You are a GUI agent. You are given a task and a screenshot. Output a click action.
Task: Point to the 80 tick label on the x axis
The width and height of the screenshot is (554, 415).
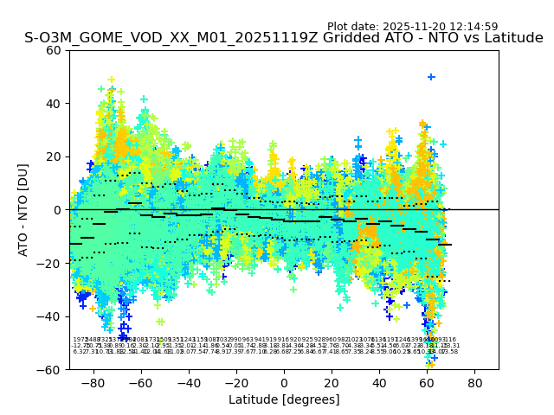[x=475, y=383]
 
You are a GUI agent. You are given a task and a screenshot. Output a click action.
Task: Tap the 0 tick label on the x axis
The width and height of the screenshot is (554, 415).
[x=284, y=383]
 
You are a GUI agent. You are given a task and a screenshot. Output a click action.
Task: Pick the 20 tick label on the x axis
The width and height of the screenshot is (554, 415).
[x=332, y=383]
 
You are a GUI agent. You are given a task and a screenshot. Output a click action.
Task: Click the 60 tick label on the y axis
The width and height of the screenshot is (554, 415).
[x=54, y=50]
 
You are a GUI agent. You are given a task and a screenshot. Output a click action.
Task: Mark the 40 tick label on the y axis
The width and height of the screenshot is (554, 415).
[x=54, y=104]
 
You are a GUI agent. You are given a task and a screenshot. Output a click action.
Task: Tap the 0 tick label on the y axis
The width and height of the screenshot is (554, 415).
[x=57, y=210]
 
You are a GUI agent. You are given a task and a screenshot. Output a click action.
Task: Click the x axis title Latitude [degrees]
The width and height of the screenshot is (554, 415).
[x=284, y=399]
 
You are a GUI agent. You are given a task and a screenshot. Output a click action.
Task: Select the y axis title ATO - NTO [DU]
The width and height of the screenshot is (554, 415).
[x=23, y=209]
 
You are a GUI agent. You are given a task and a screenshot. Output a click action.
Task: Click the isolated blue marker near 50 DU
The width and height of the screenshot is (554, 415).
[x=431, y=77]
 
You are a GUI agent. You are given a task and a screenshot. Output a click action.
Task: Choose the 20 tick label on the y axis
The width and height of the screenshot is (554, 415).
[x=54, y=156]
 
